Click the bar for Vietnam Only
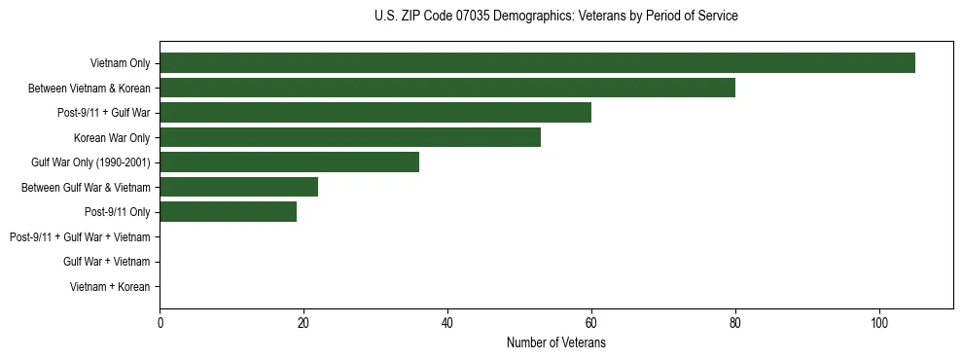537,63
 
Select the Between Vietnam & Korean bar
447,88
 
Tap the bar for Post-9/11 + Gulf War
375,113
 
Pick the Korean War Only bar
350,137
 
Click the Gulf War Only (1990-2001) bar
289,162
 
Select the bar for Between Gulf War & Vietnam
238,187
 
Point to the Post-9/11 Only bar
228,212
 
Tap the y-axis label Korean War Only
112,138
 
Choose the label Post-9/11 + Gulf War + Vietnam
80,237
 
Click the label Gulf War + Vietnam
106,262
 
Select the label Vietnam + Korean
110,287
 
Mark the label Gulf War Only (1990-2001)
90,162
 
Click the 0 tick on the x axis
160,324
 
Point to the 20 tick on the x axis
303,324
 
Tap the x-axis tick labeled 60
591,324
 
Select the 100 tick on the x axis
878,324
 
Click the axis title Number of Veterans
555,343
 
